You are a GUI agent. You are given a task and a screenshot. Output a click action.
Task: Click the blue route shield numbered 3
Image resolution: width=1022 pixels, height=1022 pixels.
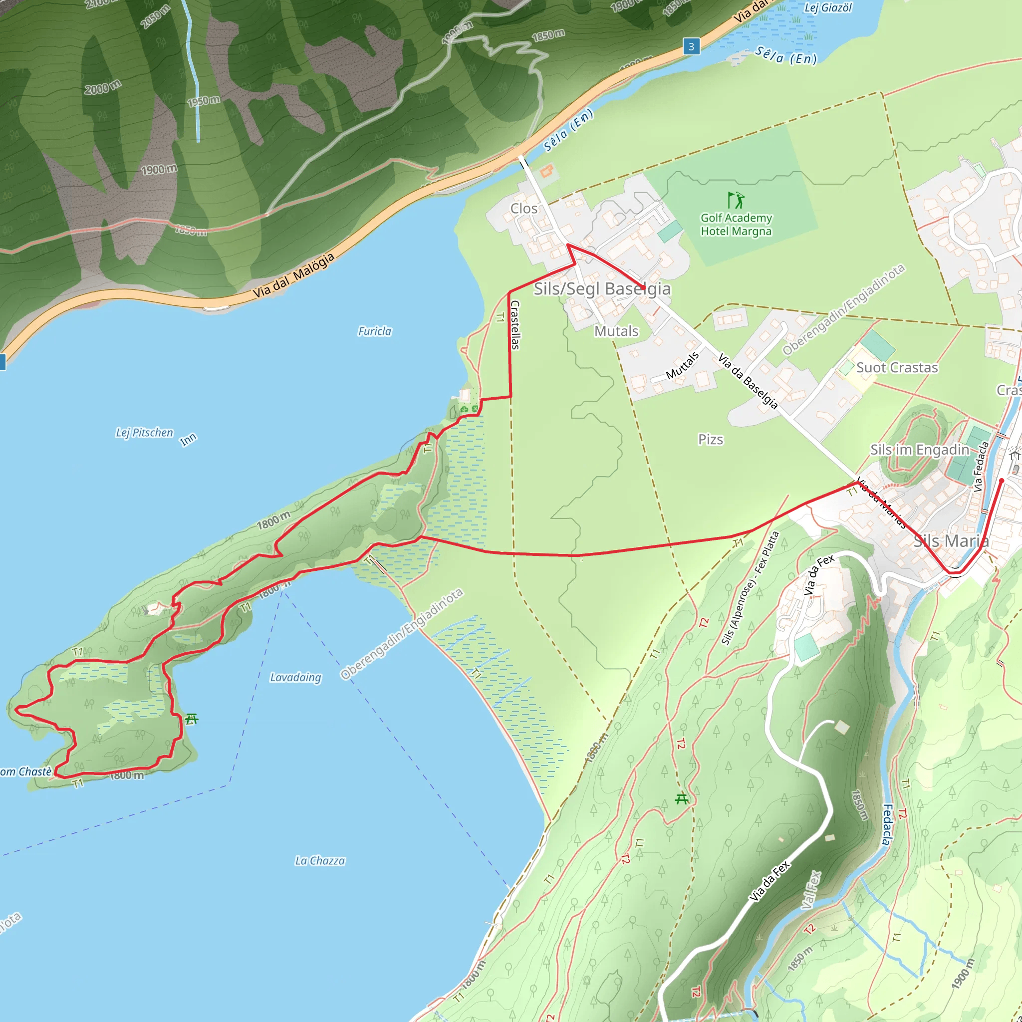coord(691,46)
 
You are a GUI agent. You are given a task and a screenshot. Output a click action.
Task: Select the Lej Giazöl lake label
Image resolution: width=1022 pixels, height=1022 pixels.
coord(828,8)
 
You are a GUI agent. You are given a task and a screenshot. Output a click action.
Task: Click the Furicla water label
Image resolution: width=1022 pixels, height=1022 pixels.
coord(375,331)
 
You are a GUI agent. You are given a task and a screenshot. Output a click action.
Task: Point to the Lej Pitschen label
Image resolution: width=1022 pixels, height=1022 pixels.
coord(144,433)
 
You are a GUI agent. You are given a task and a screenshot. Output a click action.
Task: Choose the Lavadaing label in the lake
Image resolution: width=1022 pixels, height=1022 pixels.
coord(296,678)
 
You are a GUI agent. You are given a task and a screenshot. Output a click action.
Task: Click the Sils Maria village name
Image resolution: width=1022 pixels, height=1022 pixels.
coord(951,540)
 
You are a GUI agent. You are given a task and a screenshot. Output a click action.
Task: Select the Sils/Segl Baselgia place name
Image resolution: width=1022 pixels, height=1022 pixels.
coord(602,289)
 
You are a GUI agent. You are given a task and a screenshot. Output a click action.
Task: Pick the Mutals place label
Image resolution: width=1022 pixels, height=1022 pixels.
coord(616,331)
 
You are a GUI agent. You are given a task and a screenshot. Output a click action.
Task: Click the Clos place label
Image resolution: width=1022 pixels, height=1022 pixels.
coord(523,209)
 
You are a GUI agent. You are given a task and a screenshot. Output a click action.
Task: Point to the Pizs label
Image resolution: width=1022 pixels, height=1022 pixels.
coord(710,440)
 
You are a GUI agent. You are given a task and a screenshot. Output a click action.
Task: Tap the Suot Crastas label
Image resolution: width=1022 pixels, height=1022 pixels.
coord(897,368)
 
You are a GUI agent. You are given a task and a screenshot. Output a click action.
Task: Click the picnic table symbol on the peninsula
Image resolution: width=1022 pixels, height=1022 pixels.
coord(192,719)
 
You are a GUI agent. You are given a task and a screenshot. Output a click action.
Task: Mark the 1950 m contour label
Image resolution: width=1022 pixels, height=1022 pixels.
coord(204,100)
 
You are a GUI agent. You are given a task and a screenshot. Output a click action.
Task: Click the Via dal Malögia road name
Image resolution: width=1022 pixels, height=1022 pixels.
coord(293,275)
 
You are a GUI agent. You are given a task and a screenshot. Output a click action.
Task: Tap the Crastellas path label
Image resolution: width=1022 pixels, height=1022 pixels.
coord(515,325)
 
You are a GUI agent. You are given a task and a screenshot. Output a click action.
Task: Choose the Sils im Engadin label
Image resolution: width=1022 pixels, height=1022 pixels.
coord(920,450)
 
